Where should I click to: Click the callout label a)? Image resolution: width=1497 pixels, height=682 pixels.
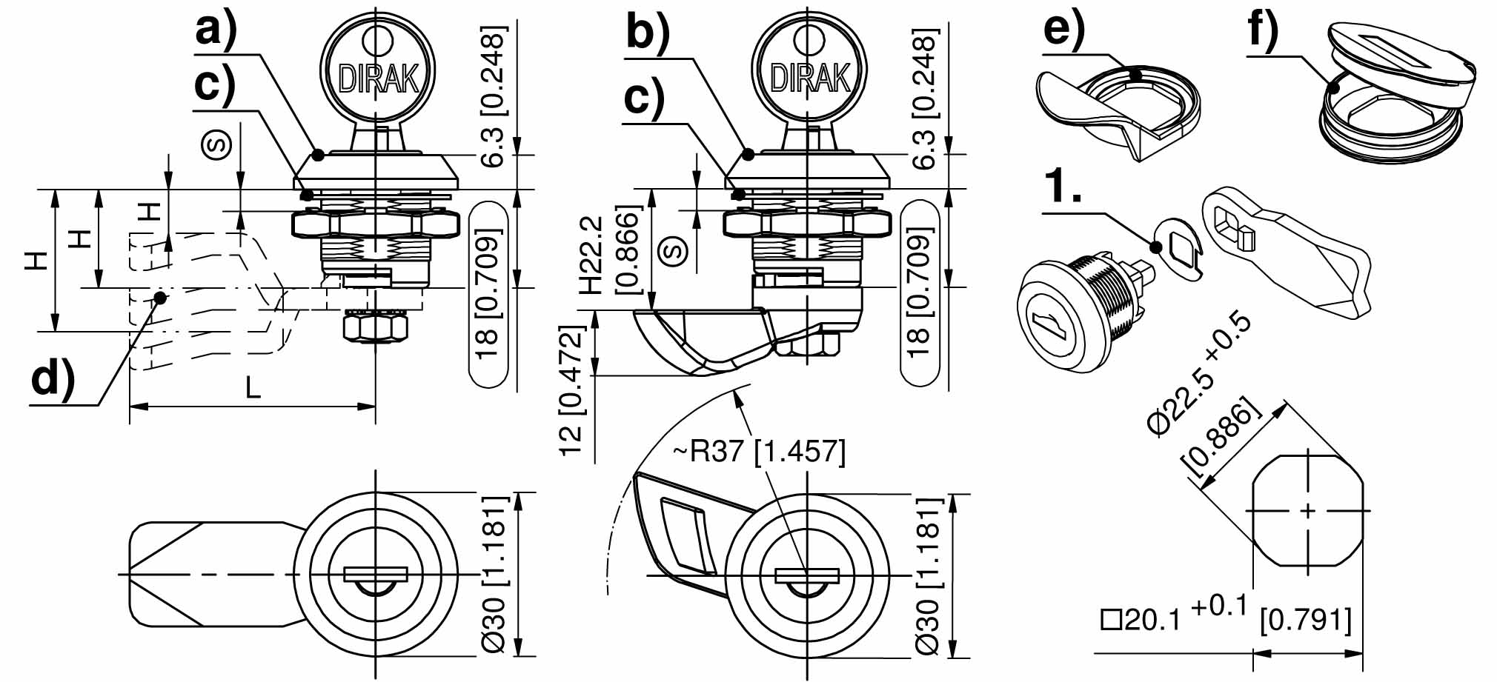coord(216,31)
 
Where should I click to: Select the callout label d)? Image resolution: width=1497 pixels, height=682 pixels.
coord(53,380)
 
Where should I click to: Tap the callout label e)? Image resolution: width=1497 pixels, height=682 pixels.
coord(1063,30)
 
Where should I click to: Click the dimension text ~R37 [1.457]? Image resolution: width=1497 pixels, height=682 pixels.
coord(759,450)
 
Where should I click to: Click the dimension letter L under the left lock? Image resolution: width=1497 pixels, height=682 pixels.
coord(253,387)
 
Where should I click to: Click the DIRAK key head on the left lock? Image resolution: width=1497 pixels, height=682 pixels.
coord(378,74)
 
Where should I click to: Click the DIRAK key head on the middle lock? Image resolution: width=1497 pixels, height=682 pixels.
coord(809,74)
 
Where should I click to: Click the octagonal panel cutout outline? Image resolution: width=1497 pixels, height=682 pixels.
coord(1308,510)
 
